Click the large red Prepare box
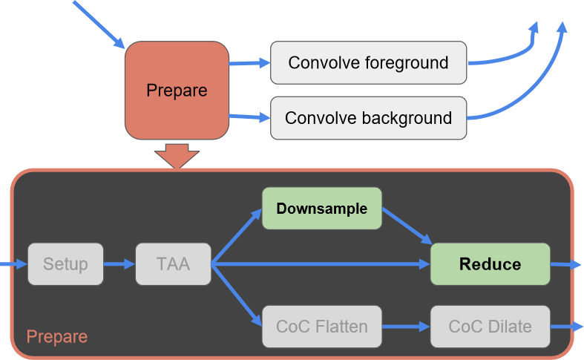coord(177,91)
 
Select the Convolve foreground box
coord(368,62)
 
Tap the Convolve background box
coord(368,118)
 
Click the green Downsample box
coord(322,209)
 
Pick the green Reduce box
coord(491,264)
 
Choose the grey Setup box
coord(65,264)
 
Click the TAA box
coord(173,264)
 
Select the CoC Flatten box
coord(322,327)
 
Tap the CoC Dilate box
coord(491,327)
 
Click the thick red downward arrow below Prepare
coord(177,156)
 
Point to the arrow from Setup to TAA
coord(119,264)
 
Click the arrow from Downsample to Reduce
coord(407,226)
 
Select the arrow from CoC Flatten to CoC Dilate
coord(406,327)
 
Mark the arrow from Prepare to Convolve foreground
coord(249,63)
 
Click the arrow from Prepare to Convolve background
coord(249,117)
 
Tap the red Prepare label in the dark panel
coord(57,336)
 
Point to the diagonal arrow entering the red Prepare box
coord(99,24)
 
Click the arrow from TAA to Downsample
coord(237,236)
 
